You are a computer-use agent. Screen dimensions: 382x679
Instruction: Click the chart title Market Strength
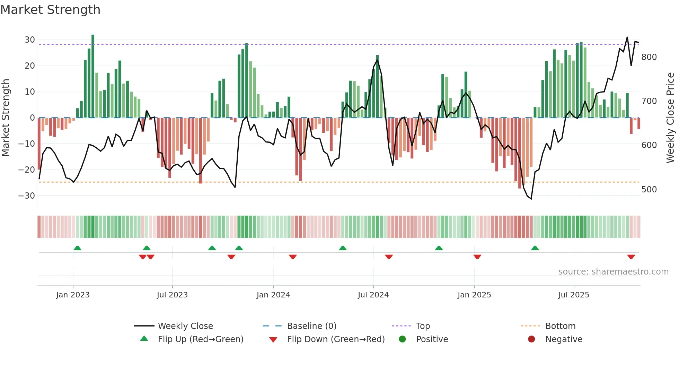pyautogui.click(x=50, y=10)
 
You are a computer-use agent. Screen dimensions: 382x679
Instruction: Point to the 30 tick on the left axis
pyautogui.click(x=30, y=40)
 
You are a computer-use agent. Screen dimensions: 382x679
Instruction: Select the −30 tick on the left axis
pyautogui.click(x=27, y=196)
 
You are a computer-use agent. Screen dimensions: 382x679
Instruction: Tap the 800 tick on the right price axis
pyautogui.click(x=649, y=57)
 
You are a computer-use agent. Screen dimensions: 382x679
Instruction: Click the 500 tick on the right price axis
pyautogui.click(x=649, y=190)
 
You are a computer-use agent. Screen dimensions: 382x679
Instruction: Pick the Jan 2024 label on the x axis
pyautogui.click(x=273, y=295)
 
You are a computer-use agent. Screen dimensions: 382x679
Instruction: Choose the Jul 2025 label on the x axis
pyautogui.click(x=573, y=295)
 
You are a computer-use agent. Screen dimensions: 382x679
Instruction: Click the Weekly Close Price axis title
pyautogui.click(x=670, y=118)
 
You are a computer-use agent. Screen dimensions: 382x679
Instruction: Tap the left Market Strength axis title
pyautogui.click(x=6, y=118)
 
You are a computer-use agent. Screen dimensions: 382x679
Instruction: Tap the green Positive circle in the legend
pyautogui.click(x=402, y=339)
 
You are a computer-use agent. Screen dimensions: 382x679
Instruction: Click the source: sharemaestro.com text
pyautogui.click(x=613, y=272)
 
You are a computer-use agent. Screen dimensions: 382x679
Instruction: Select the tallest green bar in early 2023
pyautogui.click(x=93, y=76)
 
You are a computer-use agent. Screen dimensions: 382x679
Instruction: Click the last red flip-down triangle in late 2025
pyautogui.click(x=631, y=257)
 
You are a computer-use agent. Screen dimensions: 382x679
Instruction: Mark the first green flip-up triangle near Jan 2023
pyautogui.click(x=78, y=248)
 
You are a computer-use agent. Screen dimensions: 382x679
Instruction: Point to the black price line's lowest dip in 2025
pyautogui.click(x=531, y=198)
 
